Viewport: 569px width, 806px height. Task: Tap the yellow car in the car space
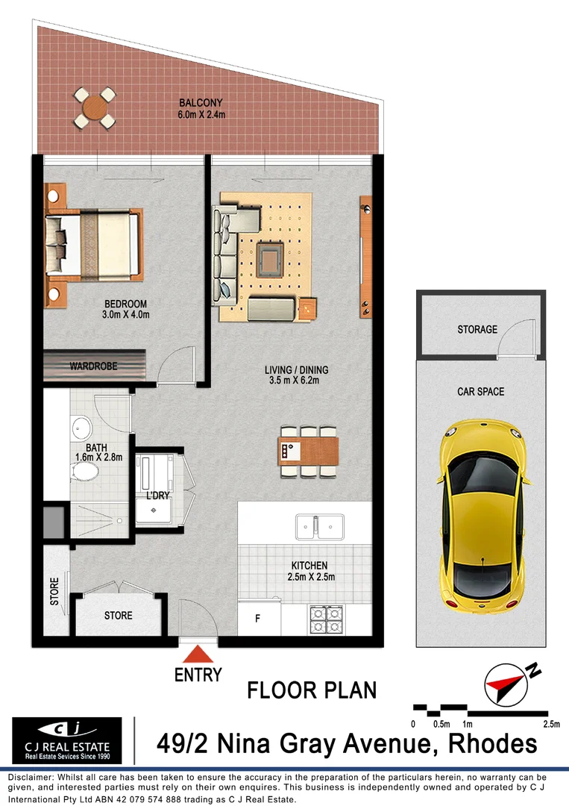pos(482,515)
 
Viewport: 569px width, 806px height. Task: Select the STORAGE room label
pos(477,329)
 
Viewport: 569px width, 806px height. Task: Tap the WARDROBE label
pos(93,366)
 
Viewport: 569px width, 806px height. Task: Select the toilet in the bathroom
pos(87,472)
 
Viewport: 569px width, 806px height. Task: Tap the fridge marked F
pos(258,619)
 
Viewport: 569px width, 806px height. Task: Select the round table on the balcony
pos(95,108)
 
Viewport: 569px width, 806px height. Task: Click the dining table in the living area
pos(308,450)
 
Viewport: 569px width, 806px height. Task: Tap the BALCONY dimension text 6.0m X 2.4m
pos(201,115)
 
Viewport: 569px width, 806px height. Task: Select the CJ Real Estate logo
pos(67,740)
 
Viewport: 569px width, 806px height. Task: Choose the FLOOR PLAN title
pos(312,690)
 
